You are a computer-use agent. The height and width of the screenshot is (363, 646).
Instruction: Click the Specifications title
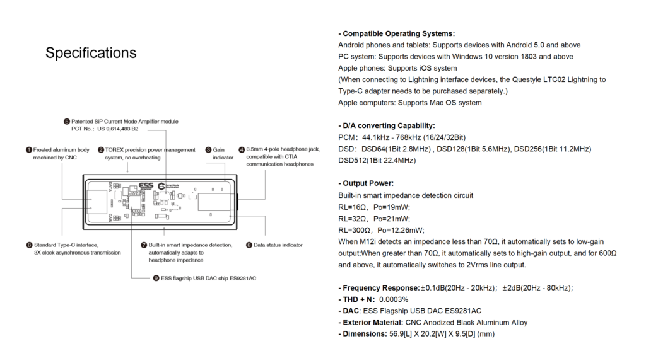point(91,53)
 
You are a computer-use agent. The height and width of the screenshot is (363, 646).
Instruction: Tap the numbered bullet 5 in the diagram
point(67,121)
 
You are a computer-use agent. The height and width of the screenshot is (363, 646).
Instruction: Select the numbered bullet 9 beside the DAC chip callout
point(156,278)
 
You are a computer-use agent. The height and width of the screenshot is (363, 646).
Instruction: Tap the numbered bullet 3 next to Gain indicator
point(208,150)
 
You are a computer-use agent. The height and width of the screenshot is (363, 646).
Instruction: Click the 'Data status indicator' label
point(278,245)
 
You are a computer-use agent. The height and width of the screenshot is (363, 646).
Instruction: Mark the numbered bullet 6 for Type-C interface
point(29,245)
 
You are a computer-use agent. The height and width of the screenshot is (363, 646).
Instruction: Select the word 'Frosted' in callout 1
point(44,150)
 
